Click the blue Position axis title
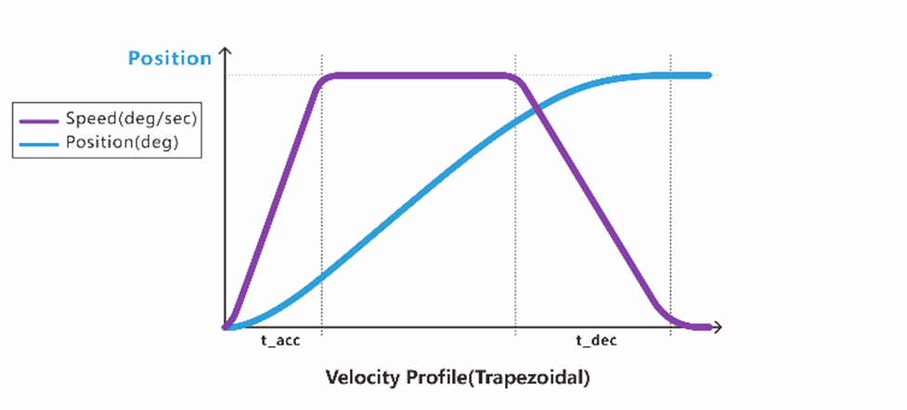(170, 58)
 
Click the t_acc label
(280, 341)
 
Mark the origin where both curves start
(226, 327)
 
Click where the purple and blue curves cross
(537, 111)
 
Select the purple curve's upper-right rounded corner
(517, 80)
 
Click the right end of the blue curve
(709, 75)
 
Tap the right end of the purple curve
(709, 327)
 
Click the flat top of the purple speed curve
(418, 75)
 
